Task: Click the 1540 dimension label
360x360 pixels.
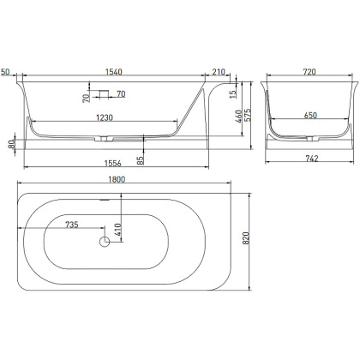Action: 114,72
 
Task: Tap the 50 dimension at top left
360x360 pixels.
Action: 5,72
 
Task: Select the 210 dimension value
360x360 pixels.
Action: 219,72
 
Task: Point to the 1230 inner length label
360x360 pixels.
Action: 105,117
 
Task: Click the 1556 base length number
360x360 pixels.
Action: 112,163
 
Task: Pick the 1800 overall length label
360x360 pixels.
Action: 117,179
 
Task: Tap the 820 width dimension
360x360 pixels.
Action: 246,238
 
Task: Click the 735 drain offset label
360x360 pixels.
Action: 72,225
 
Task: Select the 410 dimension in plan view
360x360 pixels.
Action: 118,230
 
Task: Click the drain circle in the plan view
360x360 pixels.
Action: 105,242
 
